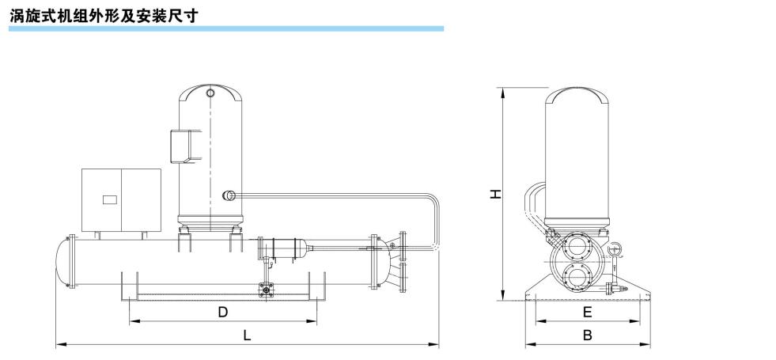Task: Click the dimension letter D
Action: (223, 313)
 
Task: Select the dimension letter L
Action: (248, 335)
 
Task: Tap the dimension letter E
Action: (587, 313)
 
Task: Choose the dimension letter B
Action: (587, 335)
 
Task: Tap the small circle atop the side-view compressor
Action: (210, 93)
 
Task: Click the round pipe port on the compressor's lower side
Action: (229, 195)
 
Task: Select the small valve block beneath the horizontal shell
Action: (267, 290)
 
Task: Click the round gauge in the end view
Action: (614, 248)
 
